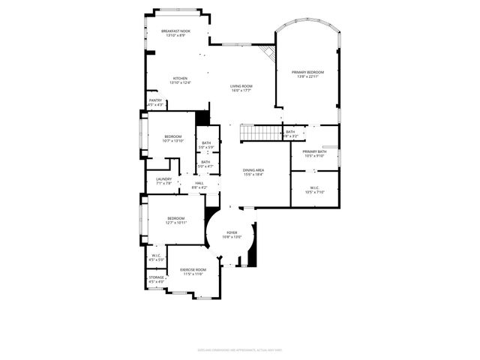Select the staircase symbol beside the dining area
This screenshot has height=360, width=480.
coord(260,133)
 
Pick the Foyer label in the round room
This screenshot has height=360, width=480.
coord(232,235)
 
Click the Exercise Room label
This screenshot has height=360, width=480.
coord(193,272)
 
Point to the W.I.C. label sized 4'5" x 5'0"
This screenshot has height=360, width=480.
coord(156,257)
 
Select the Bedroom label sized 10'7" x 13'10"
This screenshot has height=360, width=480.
coord(173,139)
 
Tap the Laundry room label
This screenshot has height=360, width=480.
coord(163,181)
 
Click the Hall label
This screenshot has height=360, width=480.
coord(199,184)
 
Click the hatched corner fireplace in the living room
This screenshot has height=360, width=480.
coord(268,55)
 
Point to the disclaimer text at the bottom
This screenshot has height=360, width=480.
coord(239,349)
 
